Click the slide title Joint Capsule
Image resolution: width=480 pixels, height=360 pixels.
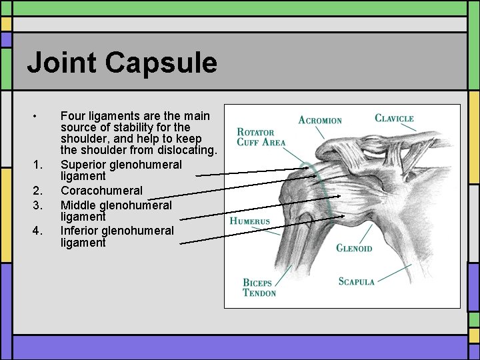point(122,63)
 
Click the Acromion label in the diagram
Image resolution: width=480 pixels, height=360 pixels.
point(320,120)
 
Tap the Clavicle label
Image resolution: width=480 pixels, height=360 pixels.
point(394,119)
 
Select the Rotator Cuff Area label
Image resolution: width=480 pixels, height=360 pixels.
point(261,137)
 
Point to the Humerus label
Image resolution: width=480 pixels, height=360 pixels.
point(250,221)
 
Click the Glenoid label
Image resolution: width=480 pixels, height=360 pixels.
point(354,248)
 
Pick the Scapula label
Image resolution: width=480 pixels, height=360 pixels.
point(357,281)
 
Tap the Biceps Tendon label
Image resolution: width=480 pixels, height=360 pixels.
point(259,288)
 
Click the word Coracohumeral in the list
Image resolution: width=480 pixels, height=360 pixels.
point(101,191)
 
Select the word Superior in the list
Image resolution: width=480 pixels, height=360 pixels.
point(83,164)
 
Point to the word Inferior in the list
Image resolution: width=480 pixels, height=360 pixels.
point(80,231)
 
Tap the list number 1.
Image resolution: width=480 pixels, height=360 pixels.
point(37,164)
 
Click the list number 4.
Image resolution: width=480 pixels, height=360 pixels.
point(37,231)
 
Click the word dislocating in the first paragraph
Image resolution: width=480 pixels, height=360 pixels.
point(185,151)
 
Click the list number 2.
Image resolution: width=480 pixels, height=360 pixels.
point(37,191)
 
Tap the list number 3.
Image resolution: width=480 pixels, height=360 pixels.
point(37,204)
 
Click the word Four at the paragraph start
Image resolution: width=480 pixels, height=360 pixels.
point(73,115)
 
